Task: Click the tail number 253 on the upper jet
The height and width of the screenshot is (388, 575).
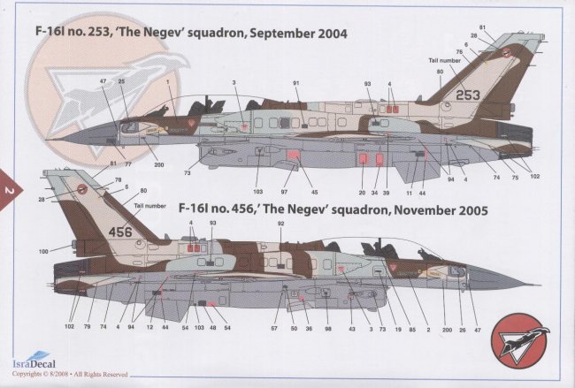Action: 468,94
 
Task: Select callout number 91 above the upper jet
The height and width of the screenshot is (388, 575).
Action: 297,83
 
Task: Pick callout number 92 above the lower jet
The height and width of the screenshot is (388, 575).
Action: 280,224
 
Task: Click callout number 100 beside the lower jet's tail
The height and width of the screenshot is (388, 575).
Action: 43,252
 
